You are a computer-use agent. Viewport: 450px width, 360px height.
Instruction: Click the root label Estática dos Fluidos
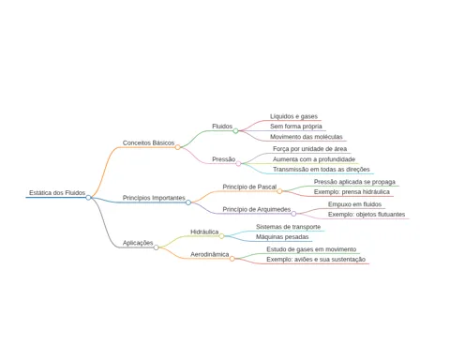57,193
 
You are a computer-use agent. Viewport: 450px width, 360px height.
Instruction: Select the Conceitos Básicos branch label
148,142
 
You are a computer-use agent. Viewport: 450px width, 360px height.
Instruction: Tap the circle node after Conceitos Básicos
177,147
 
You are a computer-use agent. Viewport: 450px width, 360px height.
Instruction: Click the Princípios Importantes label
154,198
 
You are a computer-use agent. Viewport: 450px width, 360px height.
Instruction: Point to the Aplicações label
138,243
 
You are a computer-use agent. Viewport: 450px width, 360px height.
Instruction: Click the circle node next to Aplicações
157,247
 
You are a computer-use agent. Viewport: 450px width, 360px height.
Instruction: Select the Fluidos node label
222,127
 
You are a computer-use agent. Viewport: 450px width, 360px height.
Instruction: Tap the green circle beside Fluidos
235,131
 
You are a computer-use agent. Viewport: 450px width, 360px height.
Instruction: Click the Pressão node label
223,159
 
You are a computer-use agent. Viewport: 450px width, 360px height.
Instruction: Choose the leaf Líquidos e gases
293,116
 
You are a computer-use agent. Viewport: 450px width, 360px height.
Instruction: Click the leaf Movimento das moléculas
307,137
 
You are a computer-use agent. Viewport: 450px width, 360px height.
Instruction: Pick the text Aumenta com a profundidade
314,159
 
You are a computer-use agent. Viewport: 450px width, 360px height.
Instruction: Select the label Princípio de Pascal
249,187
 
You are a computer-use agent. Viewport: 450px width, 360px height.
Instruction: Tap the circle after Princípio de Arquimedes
293,214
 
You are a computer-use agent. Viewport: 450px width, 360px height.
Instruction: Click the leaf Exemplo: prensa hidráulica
352,192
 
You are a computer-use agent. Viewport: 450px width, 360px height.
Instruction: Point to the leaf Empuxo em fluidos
354,204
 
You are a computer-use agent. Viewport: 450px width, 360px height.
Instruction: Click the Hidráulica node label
204,232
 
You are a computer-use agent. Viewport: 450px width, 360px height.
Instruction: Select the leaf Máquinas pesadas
282,237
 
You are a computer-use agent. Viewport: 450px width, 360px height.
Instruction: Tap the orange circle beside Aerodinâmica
232,259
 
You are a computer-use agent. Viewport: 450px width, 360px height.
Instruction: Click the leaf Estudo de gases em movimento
311,249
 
